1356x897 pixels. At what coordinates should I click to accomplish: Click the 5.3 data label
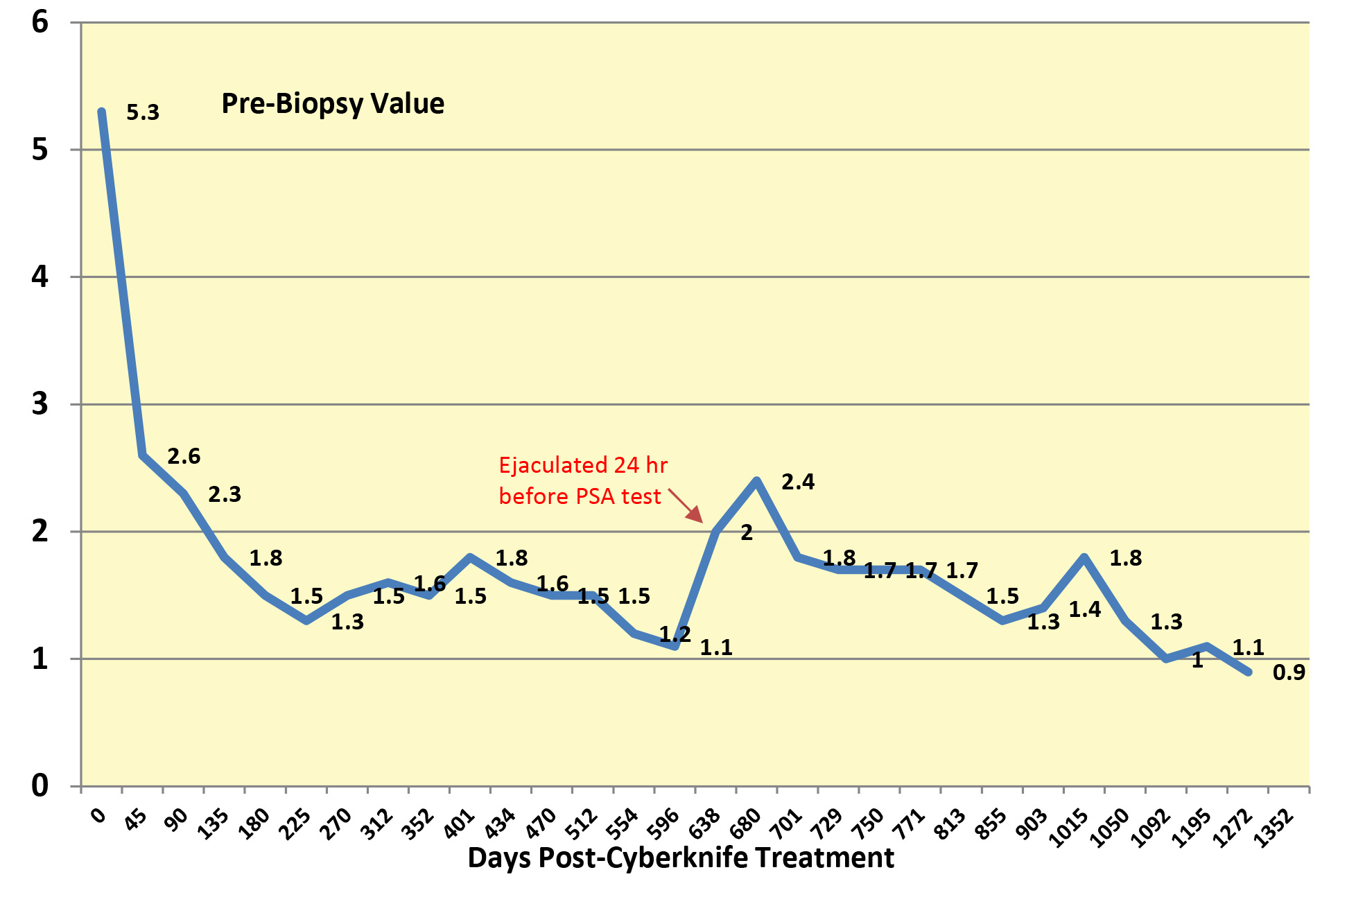pyautogui.click(x=143, y=112)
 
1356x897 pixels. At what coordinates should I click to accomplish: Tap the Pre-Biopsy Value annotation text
pyautogui.click(x=333, y=104)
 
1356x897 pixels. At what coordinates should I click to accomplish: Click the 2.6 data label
pyautogui.click(x=184, y=456)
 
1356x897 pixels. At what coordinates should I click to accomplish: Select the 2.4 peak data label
pyautogui.click(x=798, y=482)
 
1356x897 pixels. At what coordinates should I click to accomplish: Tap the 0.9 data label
pyautogui.click(x=1289, y=672)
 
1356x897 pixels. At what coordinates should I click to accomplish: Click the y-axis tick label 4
pyautogui.click(x=40, y=277)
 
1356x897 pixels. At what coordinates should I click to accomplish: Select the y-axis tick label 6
pyautogui.click(x=40, y=22)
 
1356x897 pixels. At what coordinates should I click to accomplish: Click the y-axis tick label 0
pyautogui.click(x=40, y=785)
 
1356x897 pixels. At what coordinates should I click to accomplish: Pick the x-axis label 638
pyautogui.click(x=705, y=824)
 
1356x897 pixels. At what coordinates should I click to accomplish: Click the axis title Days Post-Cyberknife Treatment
pyautogui.click(x=680, y=858)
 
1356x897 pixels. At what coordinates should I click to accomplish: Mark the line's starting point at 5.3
pyautogui.click(x=102, y=112)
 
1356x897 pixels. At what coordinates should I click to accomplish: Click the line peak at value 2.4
pyautogui.click(x=756, y=480)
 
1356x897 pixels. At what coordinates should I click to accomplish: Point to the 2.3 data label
pyautogui.click(x=225, y=494)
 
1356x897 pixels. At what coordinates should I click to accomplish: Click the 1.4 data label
pyautogui.click(x=1084, y=609)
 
